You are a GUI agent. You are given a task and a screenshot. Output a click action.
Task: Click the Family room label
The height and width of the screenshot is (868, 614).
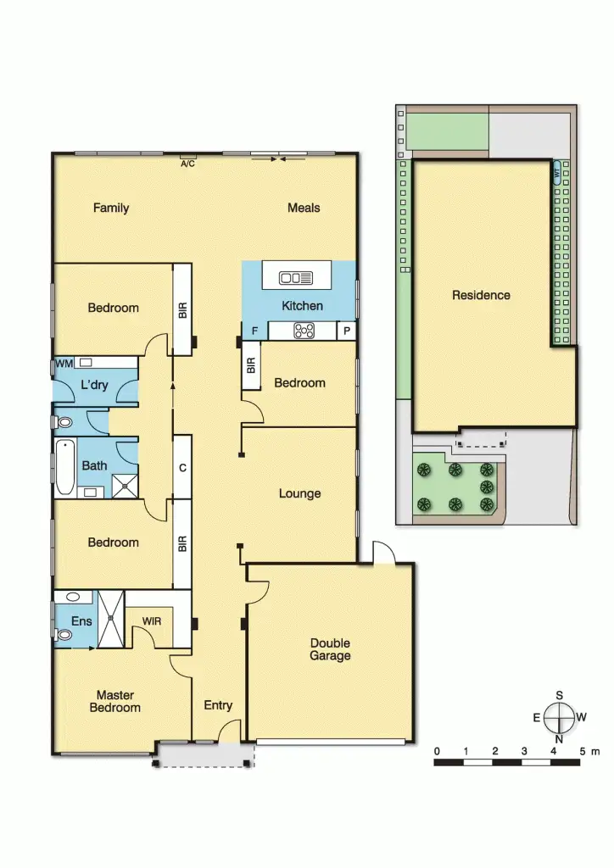click(x=111, y=208)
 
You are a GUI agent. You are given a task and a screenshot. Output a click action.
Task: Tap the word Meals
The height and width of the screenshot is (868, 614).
click(x=304, y=208)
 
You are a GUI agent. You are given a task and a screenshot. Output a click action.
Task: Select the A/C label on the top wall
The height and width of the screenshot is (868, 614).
click(x=187, y=164)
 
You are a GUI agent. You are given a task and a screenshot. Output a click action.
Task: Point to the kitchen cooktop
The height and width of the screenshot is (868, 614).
click(x=304, y=331)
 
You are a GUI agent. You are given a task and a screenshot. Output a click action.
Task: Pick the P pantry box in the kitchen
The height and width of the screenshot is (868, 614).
click(x=346, y=331)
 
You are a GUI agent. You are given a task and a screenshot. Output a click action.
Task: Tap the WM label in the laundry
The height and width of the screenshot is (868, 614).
click(x=64, y=364)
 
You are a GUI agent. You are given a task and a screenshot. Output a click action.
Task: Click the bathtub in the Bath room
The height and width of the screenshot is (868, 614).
click(x=64, y=468)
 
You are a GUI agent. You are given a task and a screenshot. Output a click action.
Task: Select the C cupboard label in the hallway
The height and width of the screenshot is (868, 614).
click(x=181, y=467)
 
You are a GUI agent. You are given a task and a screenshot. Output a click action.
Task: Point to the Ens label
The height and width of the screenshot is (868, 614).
click(x=81, y=621)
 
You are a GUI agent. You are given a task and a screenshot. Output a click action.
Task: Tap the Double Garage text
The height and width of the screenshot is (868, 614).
click(x=330, y=649)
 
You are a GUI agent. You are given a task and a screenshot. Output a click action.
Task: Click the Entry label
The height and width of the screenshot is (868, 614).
click(x=218, y=705)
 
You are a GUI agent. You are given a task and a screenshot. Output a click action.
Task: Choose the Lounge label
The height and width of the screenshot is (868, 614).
click(x=299, y=493)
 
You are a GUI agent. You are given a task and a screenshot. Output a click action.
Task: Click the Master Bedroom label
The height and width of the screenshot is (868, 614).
click(x=115, y=701)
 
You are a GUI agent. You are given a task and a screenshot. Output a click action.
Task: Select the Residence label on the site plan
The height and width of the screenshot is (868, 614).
click(x=481, y=295)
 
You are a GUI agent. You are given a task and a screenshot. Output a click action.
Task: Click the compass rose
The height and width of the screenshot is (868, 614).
click(x=560, y=718)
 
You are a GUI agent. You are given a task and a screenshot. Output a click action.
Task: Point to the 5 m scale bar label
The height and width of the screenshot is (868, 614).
click(x=588, y=751)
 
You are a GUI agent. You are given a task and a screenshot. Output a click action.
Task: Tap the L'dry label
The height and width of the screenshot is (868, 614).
click(x=94, y=386)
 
